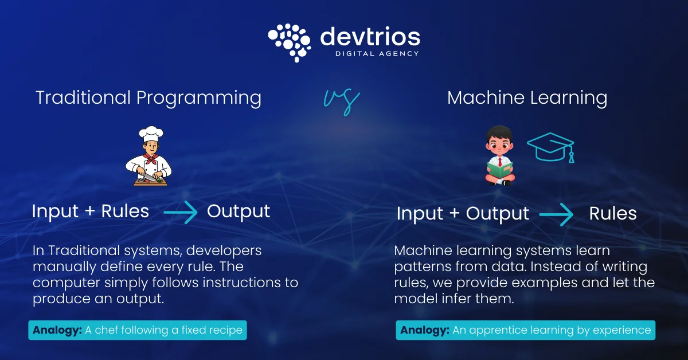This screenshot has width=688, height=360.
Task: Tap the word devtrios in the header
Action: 370,36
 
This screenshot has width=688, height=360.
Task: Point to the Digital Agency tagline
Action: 377,54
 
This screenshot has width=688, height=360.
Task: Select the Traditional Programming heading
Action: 148,97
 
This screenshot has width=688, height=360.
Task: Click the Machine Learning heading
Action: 527,97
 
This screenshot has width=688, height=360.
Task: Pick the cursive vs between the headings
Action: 342,101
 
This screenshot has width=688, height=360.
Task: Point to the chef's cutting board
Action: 150,182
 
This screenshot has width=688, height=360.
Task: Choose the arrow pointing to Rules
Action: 556,214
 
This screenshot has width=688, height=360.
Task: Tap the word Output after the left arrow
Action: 239,211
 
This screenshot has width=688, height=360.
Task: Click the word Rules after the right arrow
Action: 613,214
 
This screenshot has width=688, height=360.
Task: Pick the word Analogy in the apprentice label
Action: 424,330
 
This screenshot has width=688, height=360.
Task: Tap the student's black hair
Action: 497,131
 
